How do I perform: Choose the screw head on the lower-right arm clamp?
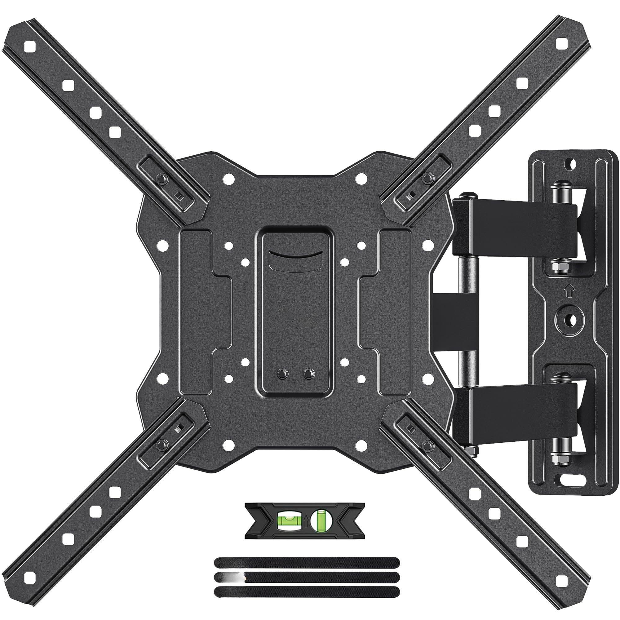pyautogui.click(x=427, y=444)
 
